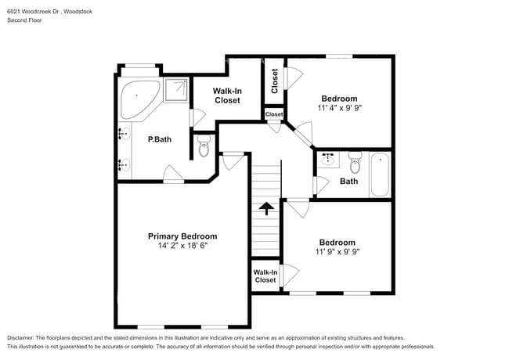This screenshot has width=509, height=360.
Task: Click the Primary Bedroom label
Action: (x=182, y=236)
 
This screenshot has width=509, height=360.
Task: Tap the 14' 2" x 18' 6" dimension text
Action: (x=182, y=246)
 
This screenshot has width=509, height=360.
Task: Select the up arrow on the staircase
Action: (x=266, y=208)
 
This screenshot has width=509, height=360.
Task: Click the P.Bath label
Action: (x=160, y=140)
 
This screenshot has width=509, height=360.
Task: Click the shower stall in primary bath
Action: (x=176, y=90)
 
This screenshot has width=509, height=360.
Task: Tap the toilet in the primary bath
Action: (x=204, y=146)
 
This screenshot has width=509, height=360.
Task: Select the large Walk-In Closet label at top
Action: (x=227, y=95)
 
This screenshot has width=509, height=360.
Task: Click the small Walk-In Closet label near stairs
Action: (x=265, y=275)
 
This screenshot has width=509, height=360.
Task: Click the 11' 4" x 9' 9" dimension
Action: (x=339, y=108)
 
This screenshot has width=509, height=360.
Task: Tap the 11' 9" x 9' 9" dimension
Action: (x=337, y=253)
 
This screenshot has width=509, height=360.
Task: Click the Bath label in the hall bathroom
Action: (x=348, y=182)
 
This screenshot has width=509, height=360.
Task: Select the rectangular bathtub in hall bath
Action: (x=380, y=174)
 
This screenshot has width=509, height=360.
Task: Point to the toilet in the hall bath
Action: (x=355, y=164)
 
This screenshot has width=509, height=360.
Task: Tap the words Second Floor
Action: (x=24, y=20)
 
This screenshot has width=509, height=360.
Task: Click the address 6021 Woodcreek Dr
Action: (x=34, y=11)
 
